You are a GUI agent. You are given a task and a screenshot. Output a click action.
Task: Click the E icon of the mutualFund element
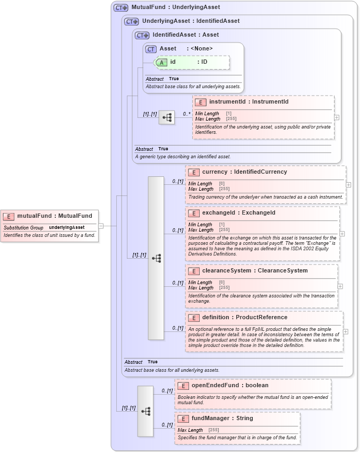8,216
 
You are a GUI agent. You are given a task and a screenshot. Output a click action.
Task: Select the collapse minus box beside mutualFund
101,226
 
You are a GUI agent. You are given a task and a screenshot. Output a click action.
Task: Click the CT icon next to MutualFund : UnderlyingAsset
121,8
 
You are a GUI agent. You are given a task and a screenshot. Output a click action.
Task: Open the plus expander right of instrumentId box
337,117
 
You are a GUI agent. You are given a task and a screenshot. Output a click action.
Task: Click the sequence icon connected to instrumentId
167,117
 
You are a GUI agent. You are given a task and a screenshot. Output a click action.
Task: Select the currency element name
215,172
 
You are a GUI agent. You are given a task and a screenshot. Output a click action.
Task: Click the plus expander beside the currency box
348,185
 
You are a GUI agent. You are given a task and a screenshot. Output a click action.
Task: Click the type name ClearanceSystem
286,271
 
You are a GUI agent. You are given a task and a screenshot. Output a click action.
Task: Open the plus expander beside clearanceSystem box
340,286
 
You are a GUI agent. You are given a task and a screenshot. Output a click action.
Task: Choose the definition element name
216,318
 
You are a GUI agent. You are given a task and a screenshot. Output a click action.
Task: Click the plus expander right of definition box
346,331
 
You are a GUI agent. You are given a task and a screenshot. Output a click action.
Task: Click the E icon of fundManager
183,419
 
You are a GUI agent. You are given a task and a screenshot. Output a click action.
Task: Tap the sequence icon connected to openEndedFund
145,411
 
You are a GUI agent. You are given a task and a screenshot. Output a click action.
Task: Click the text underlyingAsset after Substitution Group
67,227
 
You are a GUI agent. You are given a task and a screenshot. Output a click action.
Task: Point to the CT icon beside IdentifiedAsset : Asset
142,35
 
